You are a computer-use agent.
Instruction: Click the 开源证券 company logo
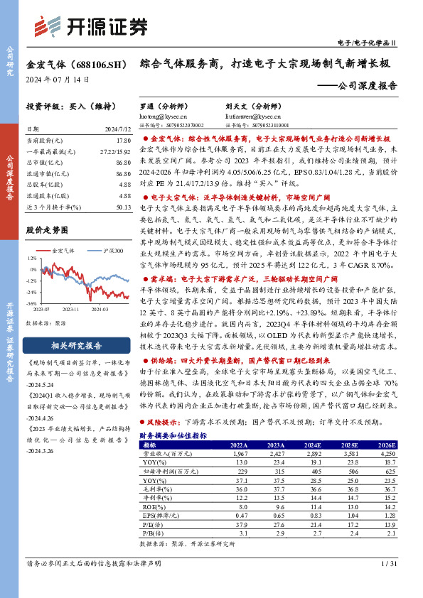pos(90,26)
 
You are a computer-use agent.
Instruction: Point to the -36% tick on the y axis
pos(31,303)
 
